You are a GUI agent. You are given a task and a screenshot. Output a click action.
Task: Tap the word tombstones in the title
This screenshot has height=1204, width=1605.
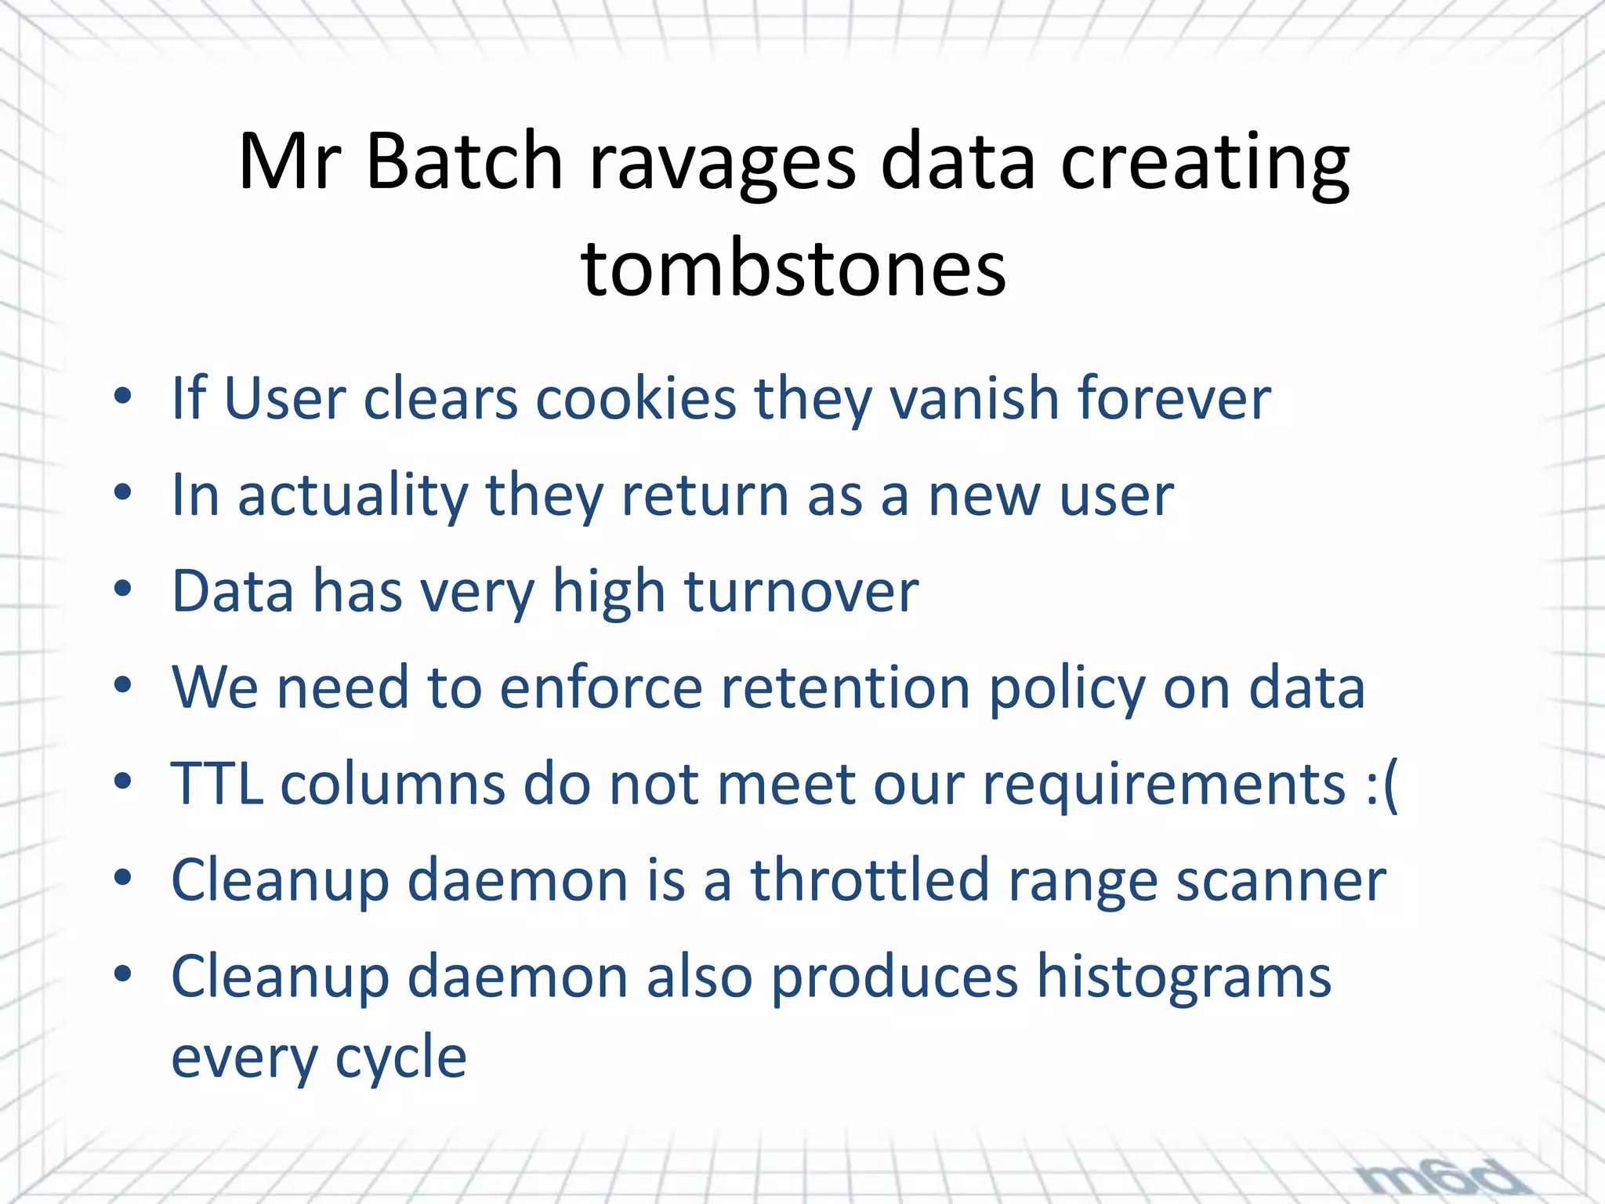pos(793,269)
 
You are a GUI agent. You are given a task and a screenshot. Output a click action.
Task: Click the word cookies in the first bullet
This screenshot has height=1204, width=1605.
pos(636,398)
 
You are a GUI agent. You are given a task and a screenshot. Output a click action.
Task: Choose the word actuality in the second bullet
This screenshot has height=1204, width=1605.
pos(353,495)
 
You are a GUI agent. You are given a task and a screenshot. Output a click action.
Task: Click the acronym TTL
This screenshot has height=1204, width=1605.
pos(217,783)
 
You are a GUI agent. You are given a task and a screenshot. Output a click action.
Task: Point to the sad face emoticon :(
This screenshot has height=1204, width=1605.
pos(1382,784)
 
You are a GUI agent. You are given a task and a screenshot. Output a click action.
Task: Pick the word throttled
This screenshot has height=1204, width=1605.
pos(870,879)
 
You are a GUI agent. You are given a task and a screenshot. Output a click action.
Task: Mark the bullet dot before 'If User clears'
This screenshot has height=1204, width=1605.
pos(122,397)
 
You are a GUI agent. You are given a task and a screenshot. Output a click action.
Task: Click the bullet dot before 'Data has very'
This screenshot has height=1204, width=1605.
pos(122,589)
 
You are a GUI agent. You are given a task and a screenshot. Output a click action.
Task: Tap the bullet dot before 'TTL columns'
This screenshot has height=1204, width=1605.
pos(122,782)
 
